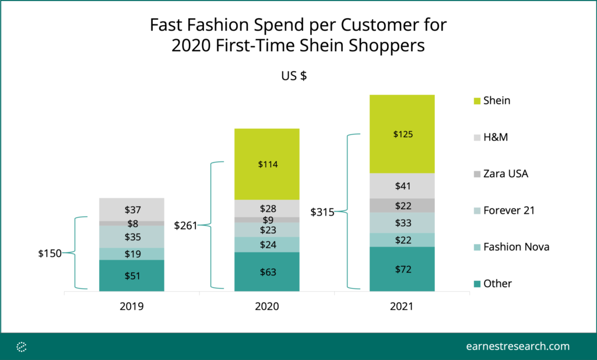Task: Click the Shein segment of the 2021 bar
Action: (402, 134)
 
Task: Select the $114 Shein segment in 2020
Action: (267, 164)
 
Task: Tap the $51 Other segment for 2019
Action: (132, 276)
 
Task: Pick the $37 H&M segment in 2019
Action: (132, 210)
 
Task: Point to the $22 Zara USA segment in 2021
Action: (402, 206)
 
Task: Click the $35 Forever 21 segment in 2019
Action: (132, 237)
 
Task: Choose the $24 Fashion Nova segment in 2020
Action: (267, 245)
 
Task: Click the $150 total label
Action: (50, 253)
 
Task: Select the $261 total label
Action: (185, 225)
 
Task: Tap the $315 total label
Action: (322, 211)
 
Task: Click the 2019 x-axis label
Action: (132, 306)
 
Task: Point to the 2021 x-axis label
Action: (402, 306)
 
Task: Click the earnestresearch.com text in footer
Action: (518, 347)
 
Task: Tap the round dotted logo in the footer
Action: (22, 347)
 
